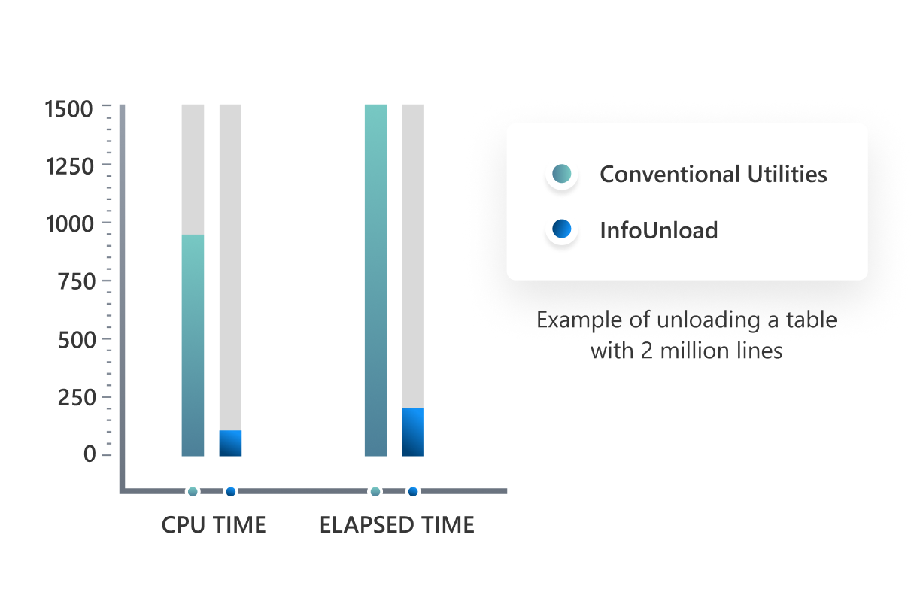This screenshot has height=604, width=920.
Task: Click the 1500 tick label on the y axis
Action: tap(68, 109)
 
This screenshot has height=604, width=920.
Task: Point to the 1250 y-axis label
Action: tap(69, 167)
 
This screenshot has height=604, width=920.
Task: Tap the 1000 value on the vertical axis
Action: tap(69, 224)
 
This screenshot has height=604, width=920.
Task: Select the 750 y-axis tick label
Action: tap(77, 281)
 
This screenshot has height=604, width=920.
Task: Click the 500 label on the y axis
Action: tap(77, 340)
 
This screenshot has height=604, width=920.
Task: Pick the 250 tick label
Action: tap(77, 397)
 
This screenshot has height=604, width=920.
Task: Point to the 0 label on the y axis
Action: tap(90, 454)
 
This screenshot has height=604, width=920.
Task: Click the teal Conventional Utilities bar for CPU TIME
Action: tap(193, 345)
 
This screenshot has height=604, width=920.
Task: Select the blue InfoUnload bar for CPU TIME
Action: tap(230, 443)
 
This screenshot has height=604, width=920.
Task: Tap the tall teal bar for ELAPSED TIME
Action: tap(376, 280)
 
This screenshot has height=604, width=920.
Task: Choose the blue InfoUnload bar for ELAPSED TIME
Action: tap(413, 432)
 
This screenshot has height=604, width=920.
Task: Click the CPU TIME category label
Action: tap(214, 525)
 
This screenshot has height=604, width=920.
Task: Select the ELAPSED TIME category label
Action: tap(397, 525)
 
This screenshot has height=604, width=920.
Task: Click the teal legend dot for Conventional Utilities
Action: tap(562, 173)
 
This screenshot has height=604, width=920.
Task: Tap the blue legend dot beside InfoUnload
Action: tap(562, 229)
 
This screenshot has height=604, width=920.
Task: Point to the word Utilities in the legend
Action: tap(787, 174)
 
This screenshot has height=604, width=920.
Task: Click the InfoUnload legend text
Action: tap(659, 230)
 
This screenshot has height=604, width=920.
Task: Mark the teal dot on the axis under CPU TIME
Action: tap(193, 491)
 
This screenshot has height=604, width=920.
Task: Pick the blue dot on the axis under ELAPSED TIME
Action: tap(413, 491)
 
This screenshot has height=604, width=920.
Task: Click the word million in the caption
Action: tap(695, 351)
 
